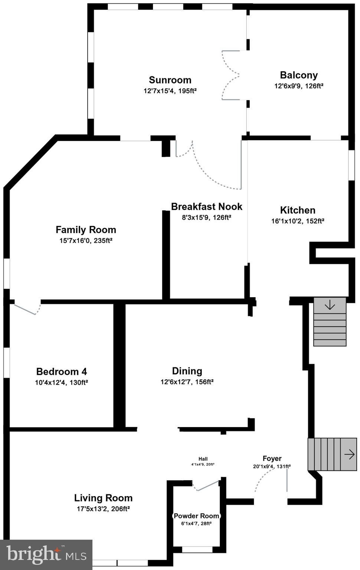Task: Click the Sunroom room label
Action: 170,80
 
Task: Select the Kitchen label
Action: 298,210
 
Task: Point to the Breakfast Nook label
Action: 206,206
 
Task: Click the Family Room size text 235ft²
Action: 103,240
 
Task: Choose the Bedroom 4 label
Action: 62,371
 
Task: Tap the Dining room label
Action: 187,371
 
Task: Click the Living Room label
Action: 103,498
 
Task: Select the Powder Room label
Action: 196,516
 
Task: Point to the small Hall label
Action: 203,459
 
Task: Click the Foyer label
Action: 272,458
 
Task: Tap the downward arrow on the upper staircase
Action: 330,305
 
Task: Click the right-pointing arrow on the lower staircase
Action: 349,454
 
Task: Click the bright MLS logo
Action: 46,555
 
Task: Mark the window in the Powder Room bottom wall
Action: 197,550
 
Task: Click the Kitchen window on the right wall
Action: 351,165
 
